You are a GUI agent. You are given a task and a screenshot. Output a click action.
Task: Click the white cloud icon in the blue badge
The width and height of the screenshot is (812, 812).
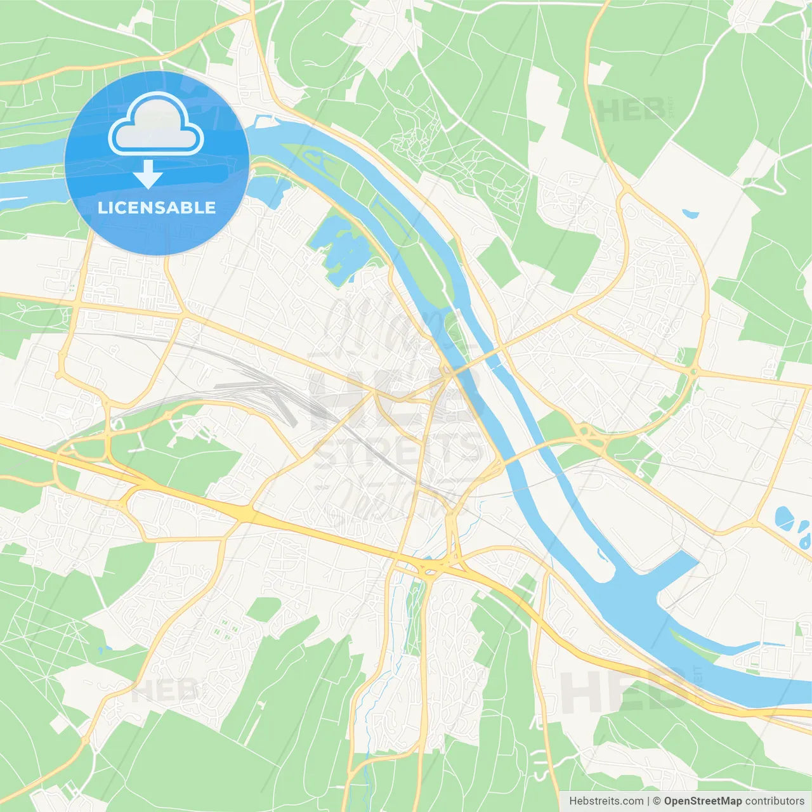pos(156,124)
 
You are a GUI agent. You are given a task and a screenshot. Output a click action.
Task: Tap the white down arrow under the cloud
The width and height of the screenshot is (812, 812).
pos(148,174)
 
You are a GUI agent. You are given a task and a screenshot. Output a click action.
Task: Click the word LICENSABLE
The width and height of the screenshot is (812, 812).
pos(156,207)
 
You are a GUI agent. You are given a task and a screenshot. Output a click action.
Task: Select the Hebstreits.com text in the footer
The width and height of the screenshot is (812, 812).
pos(606,801)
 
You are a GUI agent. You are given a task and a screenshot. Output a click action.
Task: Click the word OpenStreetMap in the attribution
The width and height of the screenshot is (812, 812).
pos(702,801)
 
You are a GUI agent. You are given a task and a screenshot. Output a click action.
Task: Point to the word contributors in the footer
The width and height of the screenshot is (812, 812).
pos(775,801)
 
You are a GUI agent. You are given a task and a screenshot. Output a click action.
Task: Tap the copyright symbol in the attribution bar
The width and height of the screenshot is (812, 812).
pos(657,801)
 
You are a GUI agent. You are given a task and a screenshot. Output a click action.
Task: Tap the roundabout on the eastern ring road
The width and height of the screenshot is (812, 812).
pos(694,372)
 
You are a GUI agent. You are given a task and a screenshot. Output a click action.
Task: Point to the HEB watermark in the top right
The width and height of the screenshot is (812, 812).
pos(631,110)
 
